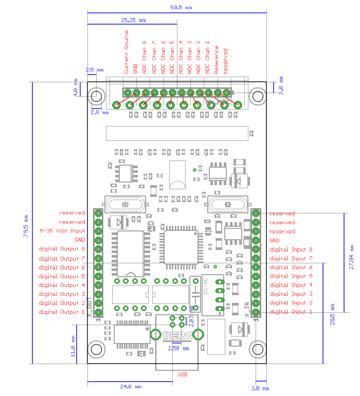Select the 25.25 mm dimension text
[x=133, y=21]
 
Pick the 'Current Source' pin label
[x=127, y=52]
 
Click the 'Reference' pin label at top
[x=217, y=60]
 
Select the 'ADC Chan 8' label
[x=145, y=57]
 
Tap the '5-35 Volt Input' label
[x=62, y=231]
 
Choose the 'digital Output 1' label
[x=62, y=312]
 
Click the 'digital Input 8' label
[x=291, y=249]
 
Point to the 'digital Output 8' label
[x=62, y=249]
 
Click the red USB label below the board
[x=183, y=374]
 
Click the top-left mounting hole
[x=96, y=96]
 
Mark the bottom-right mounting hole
[x=257, y=349]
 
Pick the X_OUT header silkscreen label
[x=91, y=308]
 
